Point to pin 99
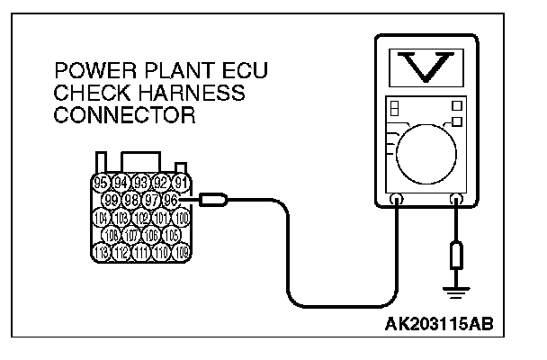[x=112, y=199]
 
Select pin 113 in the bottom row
[x=102, y=251]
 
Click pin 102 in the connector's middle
[x=141, y=217]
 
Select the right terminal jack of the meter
[x=456, y=201]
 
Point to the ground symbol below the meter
[x=456, y=290]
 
